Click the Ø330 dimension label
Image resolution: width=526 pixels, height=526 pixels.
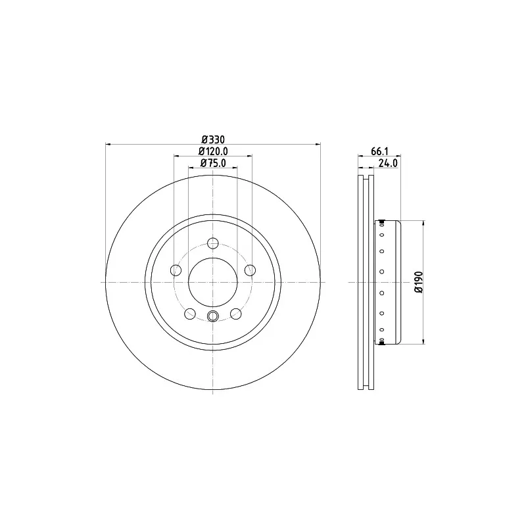tap(213, 139)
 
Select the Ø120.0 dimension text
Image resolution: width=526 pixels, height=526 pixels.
tap(213, 151)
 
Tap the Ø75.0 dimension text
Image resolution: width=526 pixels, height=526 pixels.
tap(213, 163)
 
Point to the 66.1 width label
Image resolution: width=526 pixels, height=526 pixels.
tap(379, 151)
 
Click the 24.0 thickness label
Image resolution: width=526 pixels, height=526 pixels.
tap(388, 163)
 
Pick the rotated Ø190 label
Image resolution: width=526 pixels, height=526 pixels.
tap(419, 282)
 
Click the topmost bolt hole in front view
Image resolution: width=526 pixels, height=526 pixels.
tap(213, 243)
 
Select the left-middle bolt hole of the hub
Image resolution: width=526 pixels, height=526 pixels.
tap(176, 270)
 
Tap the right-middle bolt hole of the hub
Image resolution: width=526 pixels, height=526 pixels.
tap(251, 270)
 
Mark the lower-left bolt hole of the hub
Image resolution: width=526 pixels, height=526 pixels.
tap(190, 314)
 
